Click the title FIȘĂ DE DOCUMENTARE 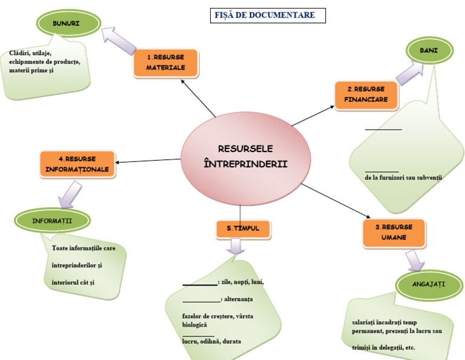coord(265,15)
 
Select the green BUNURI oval coord(67,23)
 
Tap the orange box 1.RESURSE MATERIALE coord(165,62)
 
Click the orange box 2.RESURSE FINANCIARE coord(366,94)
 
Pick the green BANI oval coord(429,51)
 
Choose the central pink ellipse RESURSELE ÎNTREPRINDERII coord(246,156)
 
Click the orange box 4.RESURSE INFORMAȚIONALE coord(77,164)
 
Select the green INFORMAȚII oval coord(52,221)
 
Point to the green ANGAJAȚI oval coord(429,284)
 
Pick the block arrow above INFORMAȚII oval coord(69,193)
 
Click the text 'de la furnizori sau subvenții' coord(403,178)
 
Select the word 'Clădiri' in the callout coord(19,54)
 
